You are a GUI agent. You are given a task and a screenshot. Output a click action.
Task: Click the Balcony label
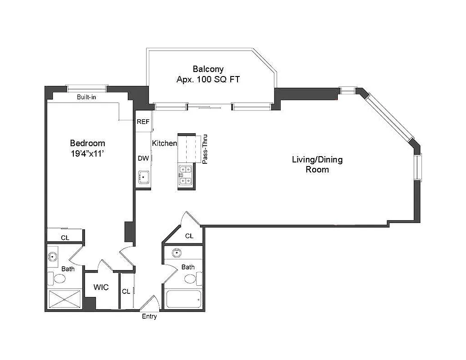click(x=208, y=69)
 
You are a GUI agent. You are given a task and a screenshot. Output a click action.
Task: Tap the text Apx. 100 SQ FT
click(x=208, y=79)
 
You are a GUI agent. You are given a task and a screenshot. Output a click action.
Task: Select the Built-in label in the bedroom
click(x=86, y=97)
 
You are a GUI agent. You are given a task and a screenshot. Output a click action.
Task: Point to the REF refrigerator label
click(x=143, y=122)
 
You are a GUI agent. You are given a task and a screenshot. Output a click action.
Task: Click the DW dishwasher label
click(x=143, y=158)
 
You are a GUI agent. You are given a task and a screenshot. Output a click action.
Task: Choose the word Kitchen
click(x=164, y=143)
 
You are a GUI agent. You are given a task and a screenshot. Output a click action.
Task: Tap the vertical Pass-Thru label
click(x=205, y=149)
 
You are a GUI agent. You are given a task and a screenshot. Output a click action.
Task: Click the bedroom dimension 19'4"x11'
click(x=87, y=153)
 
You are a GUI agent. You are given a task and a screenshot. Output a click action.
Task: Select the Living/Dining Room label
click(x=317, y=164)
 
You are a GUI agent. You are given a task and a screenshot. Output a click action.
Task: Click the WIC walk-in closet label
click(x=101, y=287)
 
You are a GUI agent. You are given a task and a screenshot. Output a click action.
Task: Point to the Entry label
click(x=149, y=317)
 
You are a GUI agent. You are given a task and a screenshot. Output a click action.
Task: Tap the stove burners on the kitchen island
click(x=185, y=175)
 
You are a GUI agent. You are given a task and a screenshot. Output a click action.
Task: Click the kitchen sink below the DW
click(x=143, y=177)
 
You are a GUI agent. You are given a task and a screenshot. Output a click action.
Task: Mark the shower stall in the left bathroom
click(x=64, y=299)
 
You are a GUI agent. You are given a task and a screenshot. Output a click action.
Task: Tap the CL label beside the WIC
click(x=126, y=292)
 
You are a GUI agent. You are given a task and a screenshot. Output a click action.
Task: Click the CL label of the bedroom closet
click(x=65, y=238)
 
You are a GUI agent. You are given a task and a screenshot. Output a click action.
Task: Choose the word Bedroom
click(x=87, y=143)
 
